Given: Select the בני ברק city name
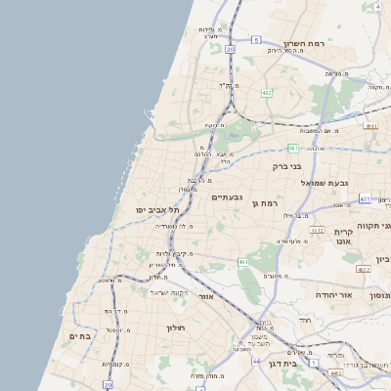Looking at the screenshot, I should coord(290,166).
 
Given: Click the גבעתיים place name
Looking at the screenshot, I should coord(227,197).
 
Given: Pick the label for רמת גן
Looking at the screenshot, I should coord(266,202).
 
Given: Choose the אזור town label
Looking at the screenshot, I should coord(205,295).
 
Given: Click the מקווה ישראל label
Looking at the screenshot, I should coord(168,292).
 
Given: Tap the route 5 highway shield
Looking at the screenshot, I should coord(256,40).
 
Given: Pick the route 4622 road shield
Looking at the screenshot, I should coord(364,269).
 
